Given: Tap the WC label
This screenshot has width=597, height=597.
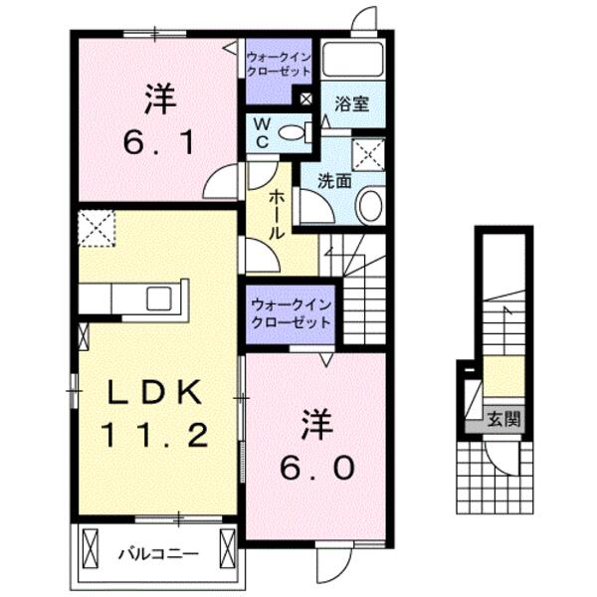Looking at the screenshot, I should pyautogui.click(x=260, y=132).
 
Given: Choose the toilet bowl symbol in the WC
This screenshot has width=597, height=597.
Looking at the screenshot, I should pyautogui.click(x=293, y=132).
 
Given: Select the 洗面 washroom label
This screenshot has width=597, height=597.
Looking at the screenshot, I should pyautogui.click(x=332, y=182).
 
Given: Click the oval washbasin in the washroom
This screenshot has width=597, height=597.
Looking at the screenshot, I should pyautogui.click(x=369, y=206).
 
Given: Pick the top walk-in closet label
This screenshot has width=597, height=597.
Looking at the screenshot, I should pyautogui.click(x=280, y=66).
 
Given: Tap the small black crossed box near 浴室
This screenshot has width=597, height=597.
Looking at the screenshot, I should pyautogui.click(x=304, y=99).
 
